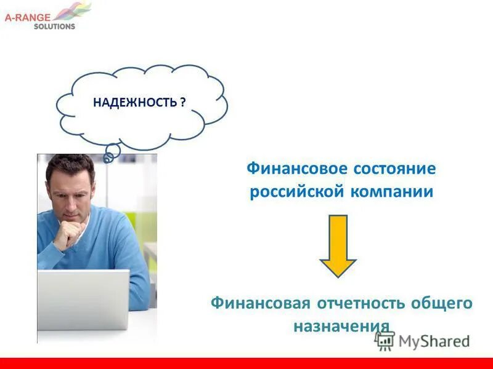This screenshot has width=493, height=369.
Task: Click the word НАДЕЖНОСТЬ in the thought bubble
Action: click(135, 102)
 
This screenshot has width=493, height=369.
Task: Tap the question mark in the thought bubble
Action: click(184, 102)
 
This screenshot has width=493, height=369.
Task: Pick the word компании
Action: click(392, 192)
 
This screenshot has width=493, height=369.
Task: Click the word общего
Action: click(442, 303)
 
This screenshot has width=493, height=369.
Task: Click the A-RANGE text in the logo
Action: click(27, 18)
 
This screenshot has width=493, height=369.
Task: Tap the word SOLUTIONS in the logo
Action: click(54, 26)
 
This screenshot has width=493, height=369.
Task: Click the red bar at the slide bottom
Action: click(246, 363)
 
